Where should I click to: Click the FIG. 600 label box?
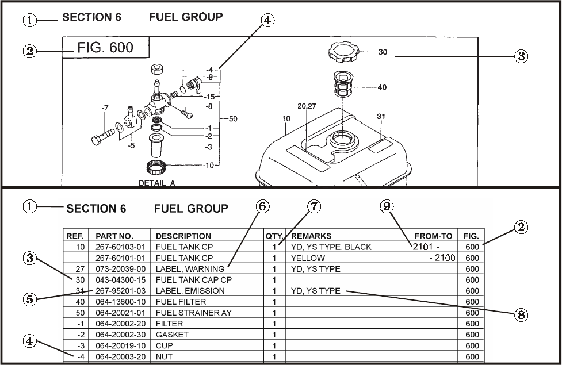pyautogui.click(x=106, y=47)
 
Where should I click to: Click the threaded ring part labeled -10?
pyautogui.click(x=156, y=167)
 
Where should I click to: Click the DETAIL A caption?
pyautogui.click(x=157, y=183)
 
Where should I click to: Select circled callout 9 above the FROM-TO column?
pyautogui.click(x=387, y=206)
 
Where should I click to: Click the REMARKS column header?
pyautogui.click(x=311, y=236)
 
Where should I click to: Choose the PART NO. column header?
pyautogui.click(x=114, y=236)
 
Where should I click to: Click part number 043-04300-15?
pyautogui.click(x=120, y=280)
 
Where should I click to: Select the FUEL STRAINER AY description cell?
pyautogui.click(x=193, y=313)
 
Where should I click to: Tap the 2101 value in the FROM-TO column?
pyautogui.click(x=423, y=247)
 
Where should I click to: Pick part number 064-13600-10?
pyautogui.click(x=120, y=302)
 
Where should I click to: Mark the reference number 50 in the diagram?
pyautogui.click(x=233, y=118)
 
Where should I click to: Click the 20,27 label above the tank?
pyautogui.click(x=307, y=106)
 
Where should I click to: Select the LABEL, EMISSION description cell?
pyautogui.click(x=190, y=291)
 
